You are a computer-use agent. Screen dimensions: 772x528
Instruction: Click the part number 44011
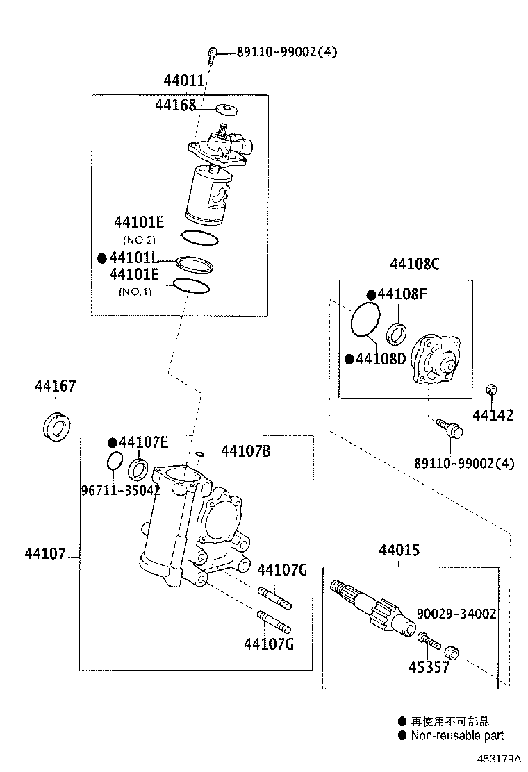tap(184, 81)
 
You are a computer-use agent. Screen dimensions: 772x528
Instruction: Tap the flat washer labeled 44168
tap(226, 108)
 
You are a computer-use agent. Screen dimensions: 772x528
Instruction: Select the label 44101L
tap(138, 258)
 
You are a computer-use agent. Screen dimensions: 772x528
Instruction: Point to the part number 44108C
tap(414, 264)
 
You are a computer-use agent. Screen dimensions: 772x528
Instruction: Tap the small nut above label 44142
tap(490, 389)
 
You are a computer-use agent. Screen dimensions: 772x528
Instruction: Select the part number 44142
tap(493, 416)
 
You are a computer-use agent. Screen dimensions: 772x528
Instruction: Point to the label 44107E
tap(142, 442)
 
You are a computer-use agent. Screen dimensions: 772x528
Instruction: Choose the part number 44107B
tap(245, 452)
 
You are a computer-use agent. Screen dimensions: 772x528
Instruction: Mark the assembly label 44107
tap(45, 554)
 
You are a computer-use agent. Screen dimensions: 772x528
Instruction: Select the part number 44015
tap(399, 551)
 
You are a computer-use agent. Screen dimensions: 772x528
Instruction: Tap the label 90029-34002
tap(456, 614)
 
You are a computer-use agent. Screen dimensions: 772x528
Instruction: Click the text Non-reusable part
tap(456, 735)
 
